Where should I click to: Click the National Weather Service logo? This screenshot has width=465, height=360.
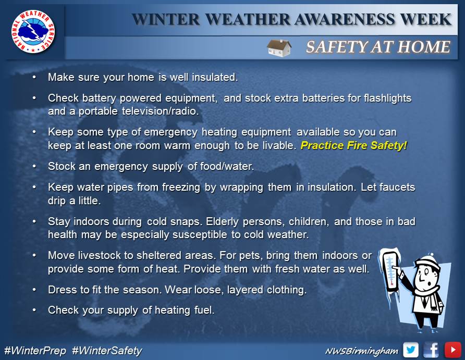pyautogui.click(x=33, y=31)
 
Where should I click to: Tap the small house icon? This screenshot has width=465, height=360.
pyautogui.click(x=279, y=48)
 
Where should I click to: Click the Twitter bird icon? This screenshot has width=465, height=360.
pyautogui.click(x=411, y=350)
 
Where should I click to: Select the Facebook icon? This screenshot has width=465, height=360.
pyautogui.click(x=431, y=350)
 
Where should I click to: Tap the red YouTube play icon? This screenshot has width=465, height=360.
pyautogui.click(x=452, y=350)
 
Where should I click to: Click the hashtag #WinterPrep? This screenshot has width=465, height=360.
pyautogui.click(x=35, y=351)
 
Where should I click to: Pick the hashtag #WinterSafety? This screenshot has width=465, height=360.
pyautogui.click(x=107, y=351)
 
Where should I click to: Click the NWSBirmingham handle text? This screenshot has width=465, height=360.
pyautogui.click(x=362, y=351)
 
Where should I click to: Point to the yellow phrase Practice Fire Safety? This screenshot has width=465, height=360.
pyautogui.click(x=354, y=145)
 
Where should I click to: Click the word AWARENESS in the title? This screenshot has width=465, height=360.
pyautogui.click(x=345, y=20)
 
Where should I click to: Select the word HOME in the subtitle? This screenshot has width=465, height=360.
pyautogui.click(x=424, y=47)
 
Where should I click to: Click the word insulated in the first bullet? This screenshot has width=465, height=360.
pyautogui.click(x=215, y=77)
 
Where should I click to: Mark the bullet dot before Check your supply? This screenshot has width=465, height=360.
pyautogui.click(x=34, y=310)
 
